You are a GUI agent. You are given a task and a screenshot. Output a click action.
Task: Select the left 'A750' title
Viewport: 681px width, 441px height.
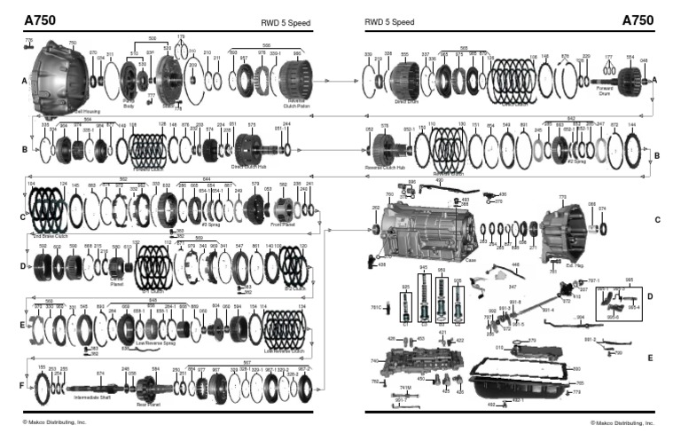pyautogui.click(x=41, y=20)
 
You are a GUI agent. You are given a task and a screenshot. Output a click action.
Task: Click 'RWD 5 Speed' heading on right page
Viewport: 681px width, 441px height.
pyautogui.click(x=389, y=22)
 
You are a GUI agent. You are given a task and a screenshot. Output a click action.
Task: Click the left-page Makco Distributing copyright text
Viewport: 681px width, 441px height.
pyautogui.click(x=55, y=422)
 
